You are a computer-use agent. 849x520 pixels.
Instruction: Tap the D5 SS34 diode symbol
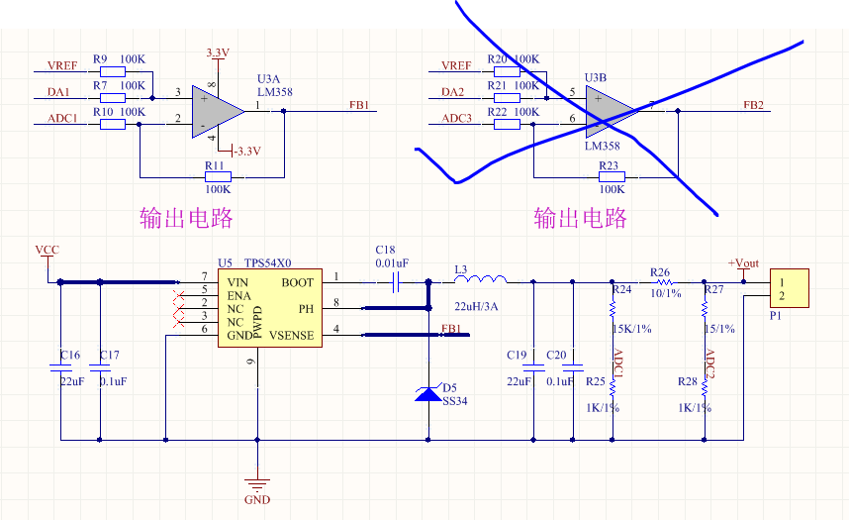click(427, 393)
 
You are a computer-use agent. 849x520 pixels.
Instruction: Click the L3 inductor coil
click(480, 281)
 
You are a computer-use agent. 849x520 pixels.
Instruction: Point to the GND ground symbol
click(257, 484)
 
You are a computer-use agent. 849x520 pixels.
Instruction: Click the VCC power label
click(47, 250)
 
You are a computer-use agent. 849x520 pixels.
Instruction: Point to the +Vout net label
click(743, 262)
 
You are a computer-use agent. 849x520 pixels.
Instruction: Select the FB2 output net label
click(754, 104)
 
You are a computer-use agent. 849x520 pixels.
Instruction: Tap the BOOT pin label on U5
click(297, 282)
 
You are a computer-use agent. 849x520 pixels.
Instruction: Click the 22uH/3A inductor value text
click(476, 306)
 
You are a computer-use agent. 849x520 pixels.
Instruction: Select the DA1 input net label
click(59, 92)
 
